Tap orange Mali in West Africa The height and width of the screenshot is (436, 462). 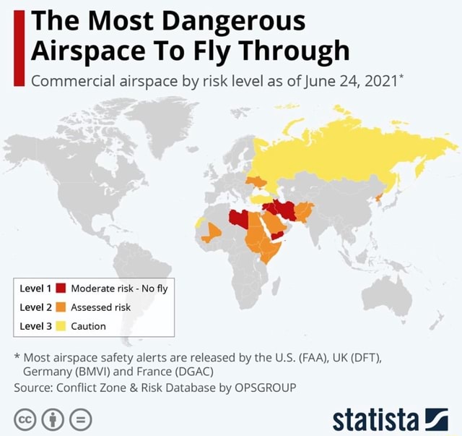212,232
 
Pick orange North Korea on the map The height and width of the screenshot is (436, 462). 378,197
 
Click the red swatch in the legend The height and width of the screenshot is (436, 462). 61,288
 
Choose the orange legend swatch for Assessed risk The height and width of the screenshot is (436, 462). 61,307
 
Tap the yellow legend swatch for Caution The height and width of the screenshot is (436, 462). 61,326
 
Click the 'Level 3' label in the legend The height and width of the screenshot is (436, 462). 35,326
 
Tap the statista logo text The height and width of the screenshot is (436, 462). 375,419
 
